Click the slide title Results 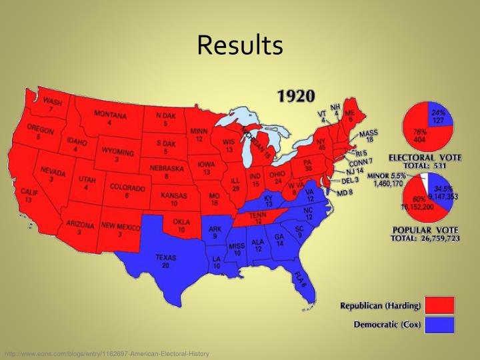(x=240, y=45)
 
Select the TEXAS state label (x=166, y=257)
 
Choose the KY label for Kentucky (x=269, y=198)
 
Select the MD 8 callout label (x=345, y=193)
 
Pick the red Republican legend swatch (x=440, y=306)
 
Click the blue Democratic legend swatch (x=440, y=325)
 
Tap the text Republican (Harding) (x=381, y=306)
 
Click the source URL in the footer (x=107, y=353)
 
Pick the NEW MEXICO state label (x=121, y=227)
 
